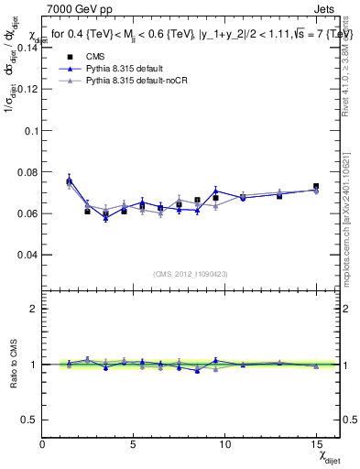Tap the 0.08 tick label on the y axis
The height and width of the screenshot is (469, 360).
tap(27, 171)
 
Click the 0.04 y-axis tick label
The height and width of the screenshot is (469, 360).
tap(27, 254)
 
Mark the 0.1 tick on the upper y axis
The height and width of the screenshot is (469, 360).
tap(31, 130)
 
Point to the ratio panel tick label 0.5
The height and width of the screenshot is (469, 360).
tap(29, 420)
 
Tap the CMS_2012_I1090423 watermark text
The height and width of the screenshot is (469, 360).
tap(190, 274)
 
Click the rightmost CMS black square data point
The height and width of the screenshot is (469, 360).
tap(316, 187)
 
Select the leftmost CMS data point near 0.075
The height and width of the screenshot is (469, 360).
tap(69, 181)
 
